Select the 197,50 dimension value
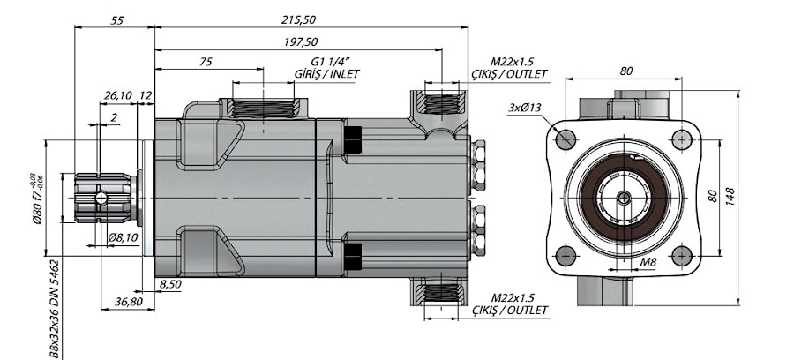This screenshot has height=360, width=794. [302, 42]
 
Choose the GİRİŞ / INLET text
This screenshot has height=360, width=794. [326, 74]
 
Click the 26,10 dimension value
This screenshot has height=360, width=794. [118, 95]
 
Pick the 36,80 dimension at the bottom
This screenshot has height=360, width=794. [128, 302]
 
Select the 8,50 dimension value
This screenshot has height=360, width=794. [170, 284]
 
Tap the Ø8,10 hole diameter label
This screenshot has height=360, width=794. [123, 237]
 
